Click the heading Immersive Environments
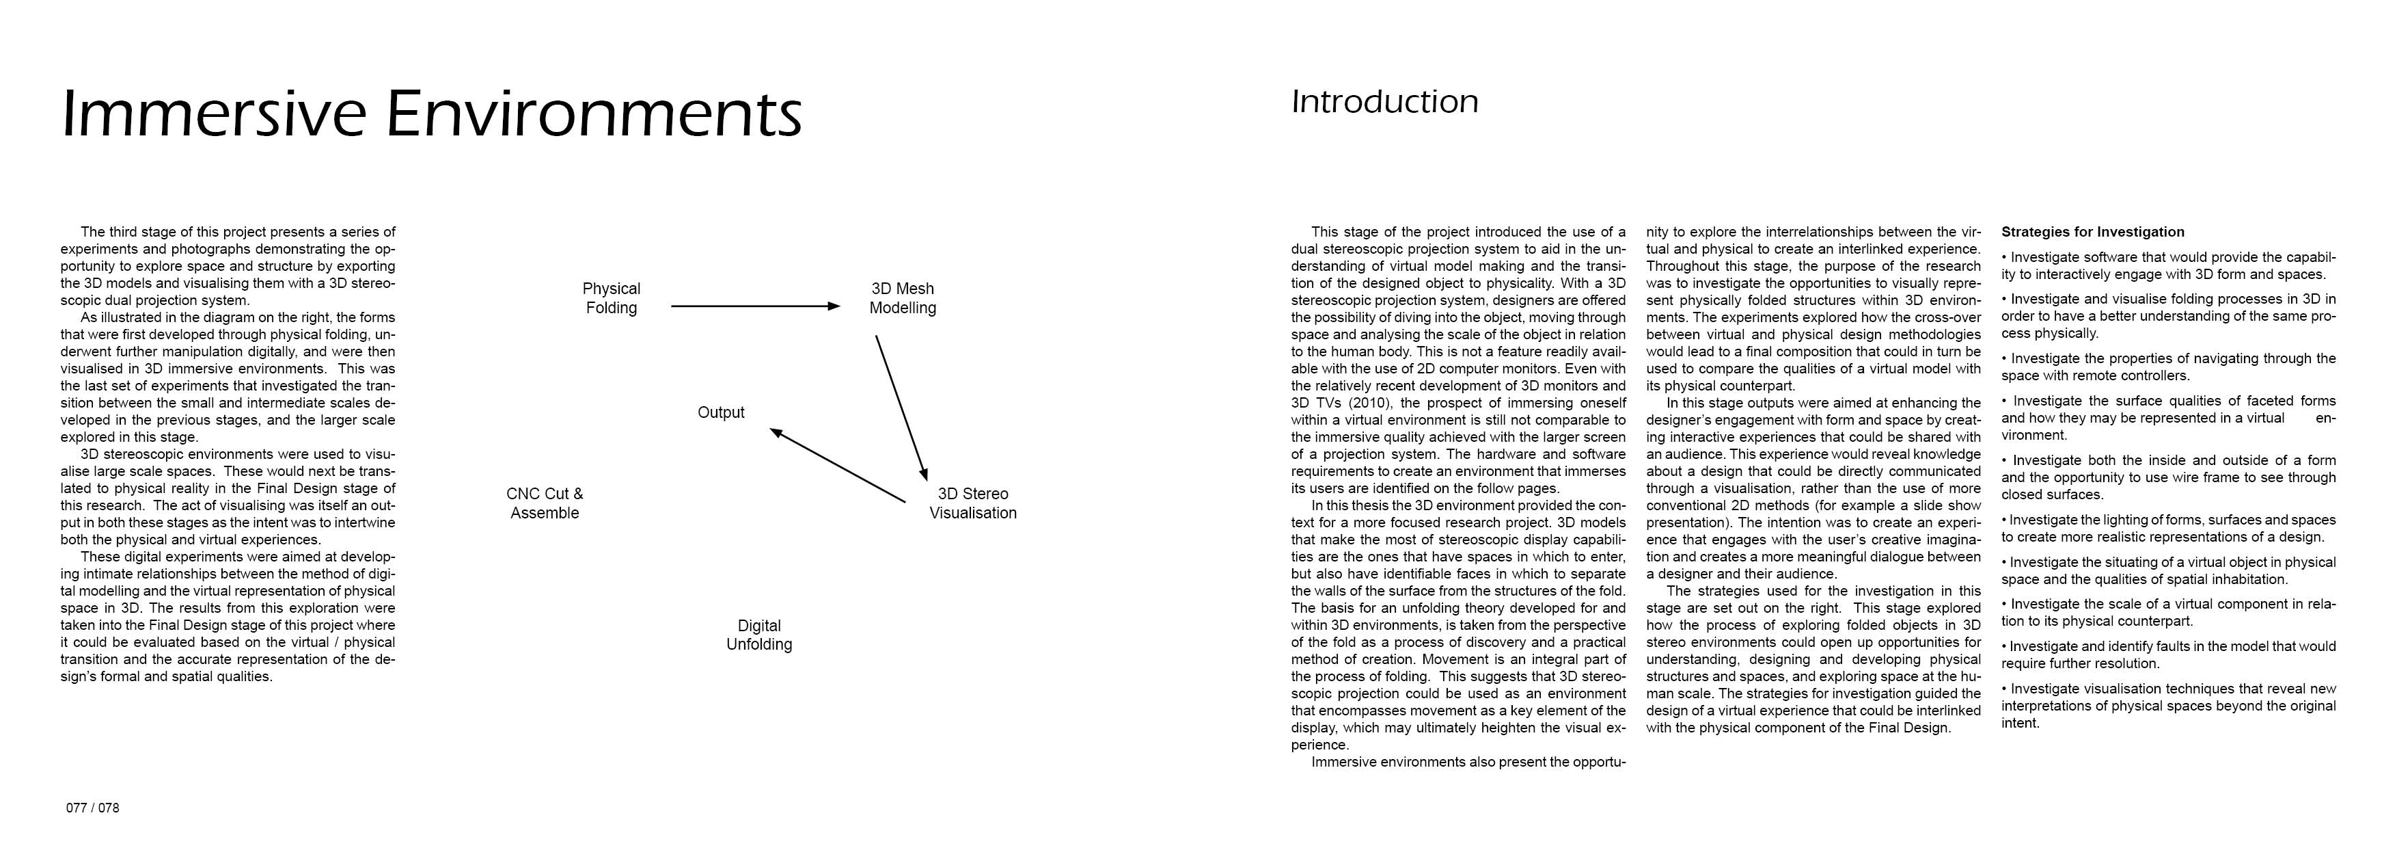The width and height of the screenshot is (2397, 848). [432, 114]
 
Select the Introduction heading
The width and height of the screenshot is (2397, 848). [1384, 101]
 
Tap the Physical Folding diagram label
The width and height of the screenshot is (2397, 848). [612, 298]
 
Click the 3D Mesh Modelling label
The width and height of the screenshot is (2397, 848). [903, 298]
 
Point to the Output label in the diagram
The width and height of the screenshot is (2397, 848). [721, 412]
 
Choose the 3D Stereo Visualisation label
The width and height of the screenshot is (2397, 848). [972, 503]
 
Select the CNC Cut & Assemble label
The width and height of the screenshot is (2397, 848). [545, 503]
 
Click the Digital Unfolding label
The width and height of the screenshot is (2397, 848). [759, 635]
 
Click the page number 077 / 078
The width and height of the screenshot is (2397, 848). [92, 808]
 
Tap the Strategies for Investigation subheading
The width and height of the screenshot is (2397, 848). [2093, 232]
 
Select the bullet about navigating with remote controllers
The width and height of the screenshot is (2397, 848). [2168, 367]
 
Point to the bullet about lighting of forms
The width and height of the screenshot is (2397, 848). [2168, 528]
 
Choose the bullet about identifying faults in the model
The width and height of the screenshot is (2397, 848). [2168, 654]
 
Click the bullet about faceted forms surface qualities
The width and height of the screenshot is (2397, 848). [2168, 418]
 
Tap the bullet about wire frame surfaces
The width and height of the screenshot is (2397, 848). [2168, 477]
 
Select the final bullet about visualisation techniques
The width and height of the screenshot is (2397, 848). [2168, 706]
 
